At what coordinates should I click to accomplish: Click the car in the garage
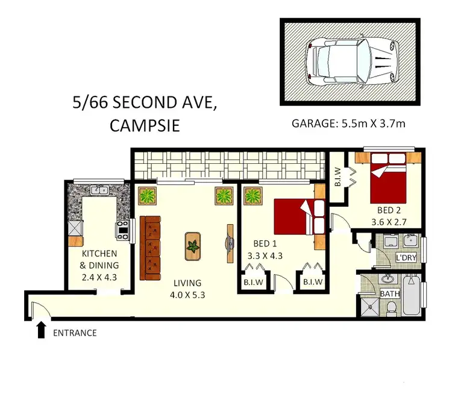(x=350, y=61)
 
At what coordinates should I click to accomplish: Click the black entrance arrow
(x=41, y=329)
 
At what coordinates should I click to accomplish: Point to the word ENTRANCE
(x=75, y=333)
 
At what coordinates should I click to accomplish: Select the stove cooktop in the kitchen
(x=122, y=228)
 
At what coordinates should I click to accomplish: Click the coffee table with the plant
(x=193, y=246)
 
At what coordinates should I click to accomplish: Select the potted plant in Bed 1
(x=252, y=196)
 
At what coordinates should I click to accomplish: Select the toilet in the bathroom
(x=391, y=307)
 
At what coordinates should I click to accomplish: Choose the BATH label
(x=390, y=293)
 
